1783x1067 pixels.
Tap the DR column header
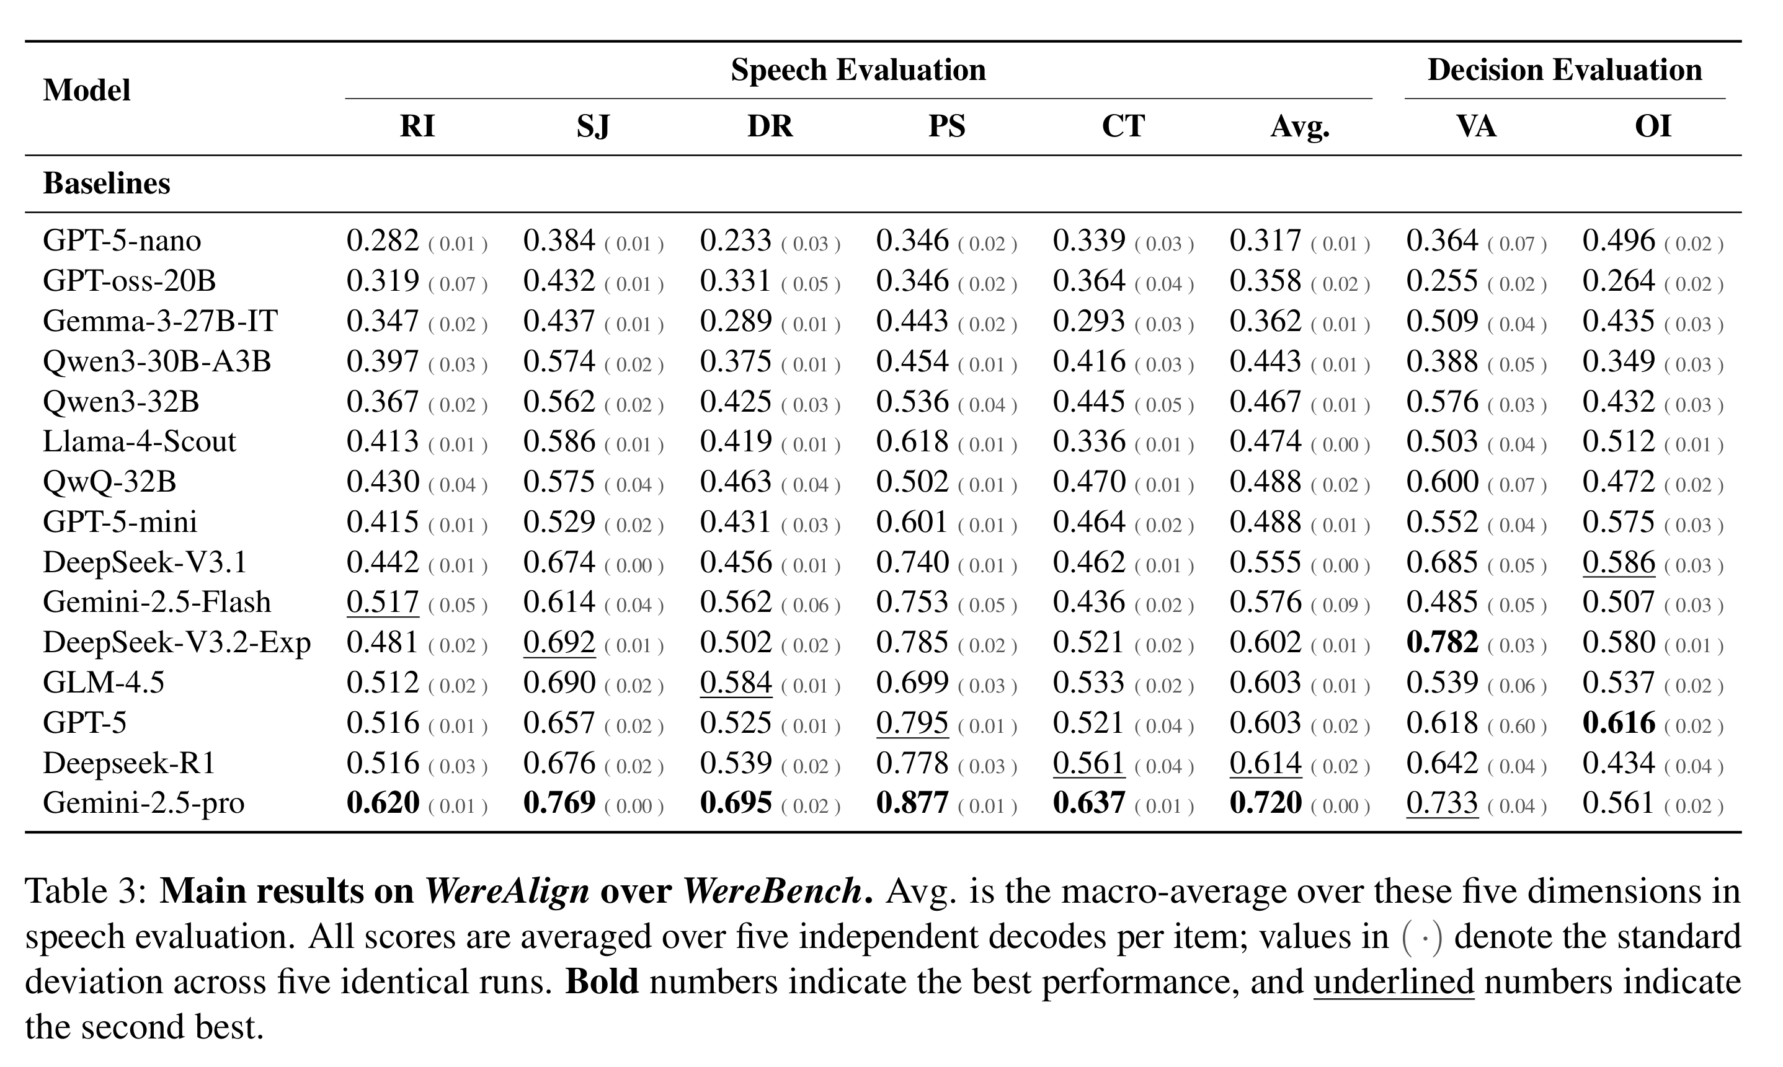(770, 126)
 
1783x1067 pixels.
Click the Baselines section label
(107, 184)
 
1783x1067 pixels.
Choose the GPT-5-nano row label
(122, 240)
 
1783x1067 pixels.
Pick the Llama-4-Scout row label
(140, 441)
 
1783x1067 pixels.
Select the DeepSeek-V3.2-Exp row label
(177, 643)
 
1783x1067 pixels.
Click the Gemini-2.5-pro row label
(144, 803)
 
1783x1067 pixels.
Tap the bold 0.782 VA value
(1442, 642)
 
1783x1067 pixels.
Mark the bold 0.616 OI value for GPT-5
(1618, 723)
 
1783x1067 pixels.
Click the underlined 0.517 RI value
(383, 603)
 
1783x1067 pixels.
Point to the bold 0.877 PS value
(912, 803)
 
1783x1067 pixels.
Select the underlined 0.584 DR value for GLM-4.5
(736, 683)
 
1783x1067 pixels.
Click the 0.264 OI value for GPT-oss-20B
(1618, 280)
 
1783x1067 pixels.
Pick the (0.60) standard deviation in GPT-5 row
(1517, 726)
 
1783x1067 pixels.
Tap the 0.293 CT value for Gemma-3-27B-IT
(1089, 321)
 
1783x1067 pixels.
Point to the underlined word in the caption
(1394, 982)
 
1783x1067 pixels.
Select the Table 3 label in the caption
(86, 892)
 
